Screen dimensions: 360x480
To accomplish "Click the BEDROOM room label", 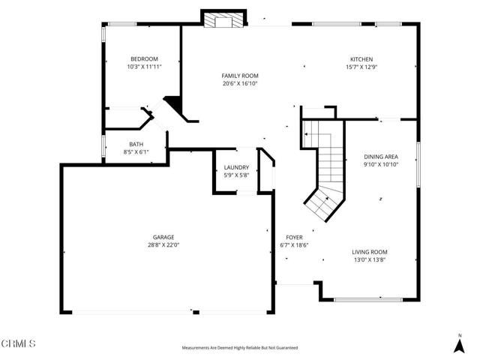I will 144,59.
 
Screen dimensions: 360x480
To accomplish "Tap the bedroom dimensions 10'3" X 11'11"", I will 144,67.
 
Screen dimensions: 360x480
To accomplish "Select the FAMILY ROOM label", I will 239,76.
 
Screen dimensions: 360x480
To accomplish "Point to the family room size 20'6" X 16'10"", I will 239,83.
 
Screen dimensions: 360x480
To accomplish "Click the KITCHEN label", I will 361,59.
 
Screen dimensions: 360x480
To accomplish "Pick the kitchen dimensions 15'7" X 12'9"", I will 361,67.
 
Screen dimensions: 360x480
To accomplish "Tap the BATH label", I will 136,144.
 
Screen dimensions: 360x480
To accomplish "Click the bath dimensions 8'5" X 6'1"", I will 136,151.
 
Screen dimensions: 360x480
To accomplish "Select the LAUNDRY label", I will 236,167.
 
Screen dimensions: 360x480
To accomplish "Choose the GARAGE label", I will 163,237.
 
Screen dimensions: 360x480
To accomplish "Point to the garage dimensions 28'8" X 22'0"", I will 163,244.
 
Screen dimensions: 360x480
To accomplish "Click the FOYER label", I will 293,237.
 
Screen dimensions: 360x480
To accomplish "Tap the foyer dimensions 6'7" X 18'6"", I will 293,244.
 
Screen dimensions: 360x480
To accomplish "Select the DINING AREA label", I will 380,156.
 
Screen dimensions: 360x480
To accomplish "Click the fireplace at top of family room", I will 223,21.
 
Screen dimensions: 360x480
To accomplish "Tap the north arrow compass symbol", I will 460,343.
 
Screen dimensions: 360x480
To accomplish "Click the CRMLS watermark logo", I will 19,343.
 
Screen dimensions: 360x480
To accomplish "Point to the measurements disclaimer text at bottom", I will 239,348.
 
